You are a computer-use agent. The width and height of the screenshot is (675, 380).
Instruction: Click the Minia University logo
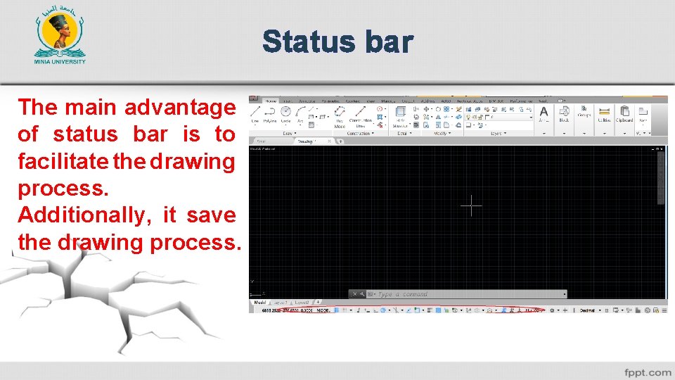click(x=60, y=39)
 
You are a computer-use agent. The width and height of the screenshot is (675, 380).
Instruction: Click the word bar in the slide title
click(x=388, y=42)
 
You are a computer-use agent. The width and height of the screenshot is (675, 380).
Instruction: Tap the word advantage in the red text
click(x=180, y=108)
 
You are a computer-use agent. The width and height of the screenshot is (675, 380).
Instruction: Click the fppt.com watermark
click(x=647, y=372)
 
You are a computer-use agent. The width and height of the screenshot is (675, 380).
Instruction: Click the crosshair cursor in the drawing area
click(x=471, y=205)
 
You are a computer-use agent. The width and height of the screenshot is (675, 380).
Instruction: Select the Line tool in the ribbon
click(x=255, y=114)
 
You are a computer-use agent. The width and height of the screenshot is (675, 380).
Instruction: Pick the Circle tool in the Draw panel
click(x=285, y=114)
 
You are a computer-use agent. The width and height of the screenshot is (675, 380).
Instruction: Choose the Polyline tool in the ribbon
click(x=270, y=114)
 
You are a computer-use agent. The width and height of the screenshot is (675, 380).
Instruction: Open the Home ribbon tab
click(x=271, y=101)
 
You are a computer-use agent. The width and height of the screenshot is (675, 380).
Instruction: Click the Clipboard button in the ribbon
click(x=624, y=114)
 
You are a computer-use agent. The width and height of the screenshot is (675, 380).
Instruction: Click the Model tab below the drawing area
click(x=259, y=302)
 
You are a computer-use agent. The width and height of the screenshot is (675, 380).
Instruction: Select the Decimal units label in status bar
click(x=587, y=310)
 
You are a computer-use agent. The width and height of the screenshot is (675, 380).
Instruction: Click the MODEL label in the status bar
click(x=324, y=310)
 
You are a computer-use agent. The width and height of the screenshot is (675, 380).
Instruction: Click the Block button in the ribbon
click(x=564, y=114)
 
